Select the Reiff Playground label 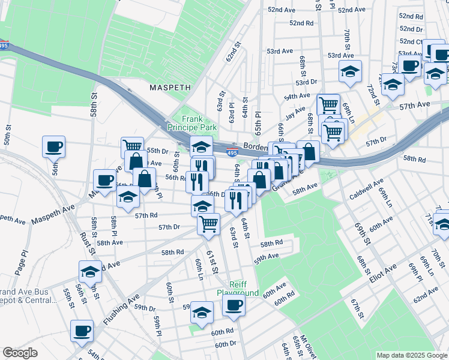click(244, 289)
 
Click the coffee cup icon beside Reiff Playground click(234, 304)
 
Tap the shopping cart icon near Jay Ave click(328, 104)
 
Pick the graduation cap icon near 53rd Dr click(350, 71)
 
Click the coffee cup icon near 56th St click(53, 146)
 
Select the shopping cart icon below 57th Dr click(208, 224)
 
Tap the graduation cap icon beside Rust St click(89, 271)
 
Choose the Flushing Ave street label click(121, 308)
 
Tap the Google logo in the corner click(20, 353)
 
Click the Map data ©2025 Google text click(411, 355)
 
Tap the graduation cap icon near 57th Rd click(128, 197)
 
